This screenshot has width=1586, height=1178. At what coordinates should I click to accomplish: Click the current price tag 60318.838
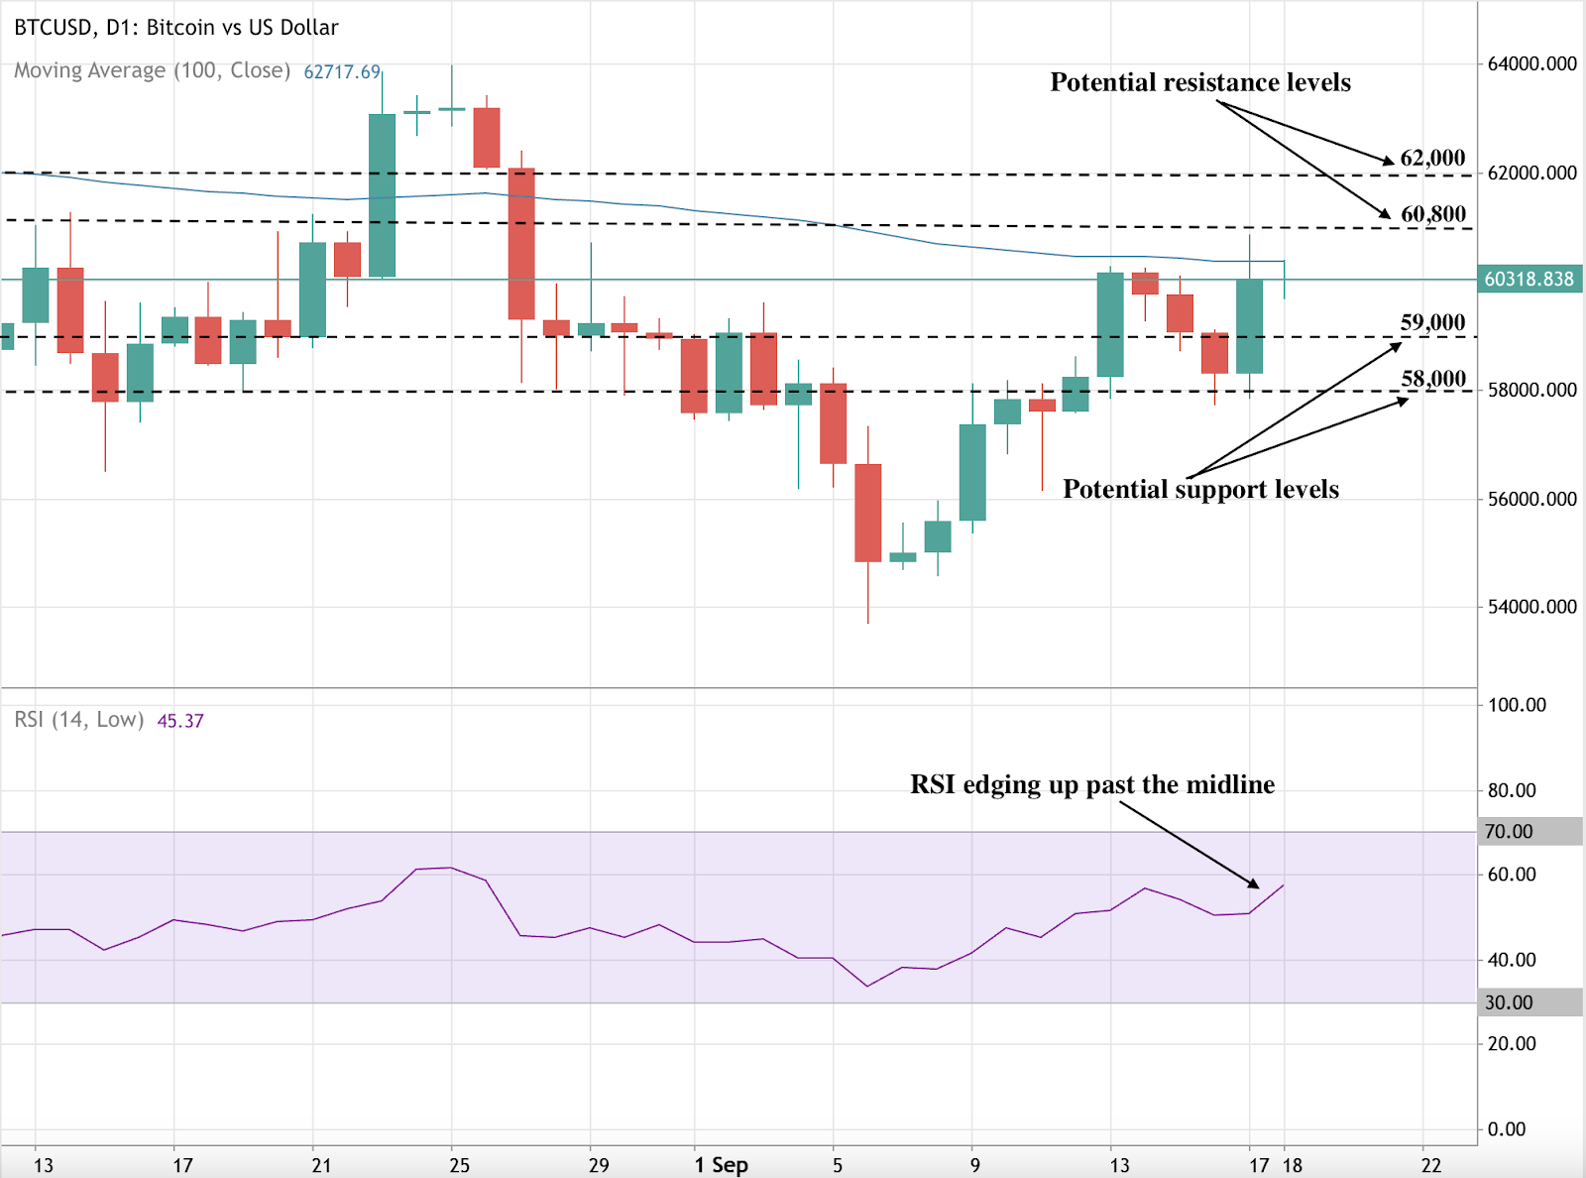1529,280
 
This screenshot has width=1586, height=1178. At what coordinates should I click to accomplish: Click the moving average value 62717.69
342,72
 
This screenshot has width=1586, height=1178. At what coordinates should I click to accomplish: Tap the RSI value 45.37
180,721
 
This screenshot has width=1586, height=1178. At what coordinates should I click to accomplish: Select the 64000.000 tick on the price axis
1531,64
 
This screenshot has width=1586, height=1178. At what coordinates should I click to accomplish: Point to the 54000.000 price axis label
1531,607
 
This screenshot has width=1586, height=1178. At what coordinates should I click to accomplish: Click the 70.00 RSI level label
1509,832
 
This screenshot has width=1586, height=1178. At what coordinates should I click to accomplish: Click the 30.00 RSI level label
1509,1003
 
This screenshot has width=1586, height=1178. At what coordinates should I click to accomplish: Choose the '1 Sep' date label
721,1165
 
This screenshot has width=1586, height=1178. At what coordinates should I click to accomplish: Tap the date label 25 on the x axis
459,1165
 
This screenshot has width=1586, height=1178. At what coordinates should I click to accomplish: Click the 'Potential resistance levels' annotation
1199,82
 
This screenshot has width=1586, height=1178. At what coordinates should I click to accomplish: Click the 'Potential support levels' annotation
1199,489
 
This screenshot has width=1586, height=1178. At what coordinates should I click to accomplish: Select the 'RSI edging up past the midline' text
1091,784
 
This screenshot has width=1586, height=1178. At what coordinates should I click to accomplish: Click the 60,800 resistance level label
1432,214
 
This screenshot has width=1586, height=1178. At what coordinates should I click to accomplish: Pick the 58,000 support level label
1432,379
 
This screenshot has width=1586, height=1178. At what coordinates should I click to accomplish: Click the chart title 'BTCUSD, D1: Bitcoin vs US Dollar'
176,28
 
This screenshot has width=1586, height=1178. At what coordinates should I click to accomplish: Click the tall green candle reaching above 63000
382,194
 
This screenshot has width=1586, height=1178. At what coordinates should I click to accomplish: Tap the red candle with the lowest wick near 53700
868,513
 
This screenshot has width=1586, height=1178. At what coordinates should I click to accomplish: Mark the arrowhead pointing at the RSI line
1255,884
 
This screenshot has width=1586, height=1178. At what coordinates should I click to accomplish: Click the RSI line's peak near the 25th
451,868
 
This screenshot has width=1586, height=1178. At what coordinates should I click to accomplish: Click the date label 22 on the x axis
1430,1165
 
